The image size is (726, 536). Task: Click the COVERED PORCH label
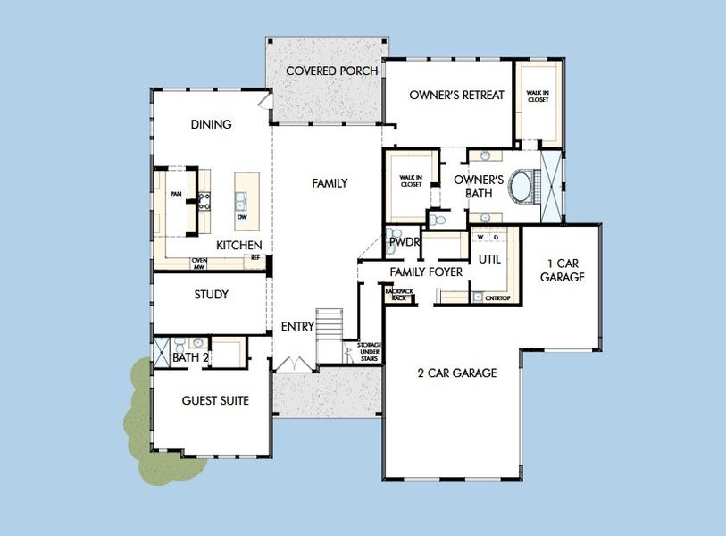click(x=331, y=71)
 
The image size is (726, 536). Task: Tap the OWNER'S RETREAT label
click(x=457, y=95)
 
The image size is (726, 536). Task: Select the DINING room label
click(x=212, y=124)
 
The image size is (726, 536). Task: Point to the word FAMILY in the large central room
click(x=330, y=183)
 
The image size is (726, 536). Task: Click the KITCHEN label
click(x=239, y=245)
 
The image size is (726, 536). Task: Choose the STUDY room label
click(x=212, y=294)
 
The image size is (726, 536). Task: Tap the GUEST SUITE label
click(x=215, y=400)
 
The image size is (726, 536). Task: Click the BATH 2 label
click(x=190, y=358)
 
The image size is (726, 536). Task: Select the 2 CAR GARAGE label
click(x=456, y=373)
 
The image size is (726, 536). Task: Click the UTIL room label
click(x=489, y=259)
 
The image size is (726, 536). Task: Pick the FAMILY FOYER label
click(x=426, y=272)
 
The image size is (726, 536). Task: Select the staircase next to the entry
click(x=330, y=323)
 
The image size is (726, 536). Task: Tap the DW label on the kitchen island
click(x=242, y=217)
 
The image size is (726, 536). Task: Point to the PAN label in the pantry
click(x=177, y=193)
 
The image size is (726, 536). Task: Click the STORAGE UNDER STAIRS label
click(x=369, y=351)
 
